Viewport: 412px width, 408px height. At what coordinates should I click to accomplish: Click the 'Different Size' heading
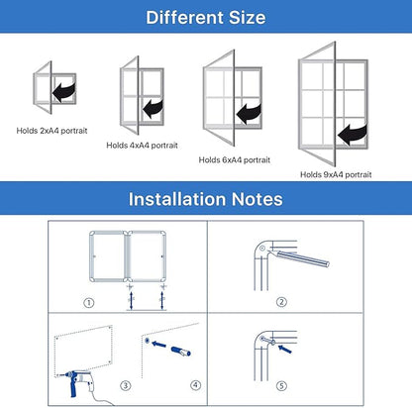[205, 17]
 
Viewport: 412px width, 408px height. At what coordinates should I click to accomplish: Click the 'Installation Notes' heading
[205, 199]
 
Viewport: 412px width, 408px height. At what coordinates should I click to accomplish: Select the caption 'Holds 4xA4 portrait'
[141, 145]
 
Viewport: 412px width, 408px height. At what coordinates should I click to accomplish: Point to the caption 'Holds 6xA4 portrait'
[235, 158]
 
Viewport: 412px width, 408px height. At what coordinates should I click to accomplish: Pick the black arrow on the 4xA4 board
[154, 106]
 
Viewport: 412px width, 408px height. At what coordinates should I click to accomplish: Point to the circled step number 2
[281, 301]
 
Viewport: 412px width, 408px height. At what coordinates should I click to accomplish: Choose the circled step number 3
[124, 384]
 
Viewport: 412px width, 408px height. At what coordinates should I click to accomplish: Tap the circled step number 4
[195, 384]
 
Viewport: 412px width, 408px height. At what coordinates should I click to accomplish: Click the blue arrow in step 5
[284, 345]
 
